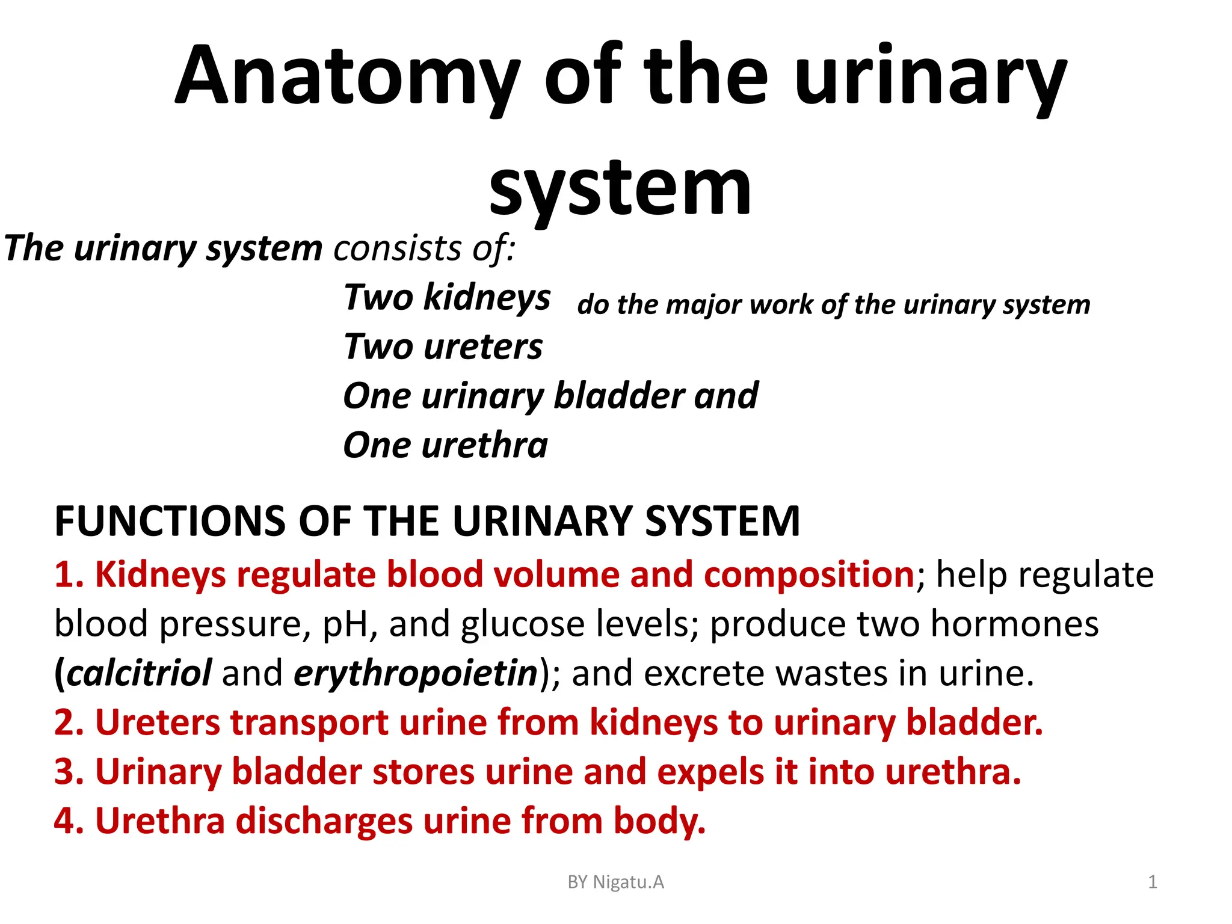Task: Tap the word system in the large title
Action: tap(620, 188)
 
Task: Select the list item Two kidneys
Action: tap(447, 297)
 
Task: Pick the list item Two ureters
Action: tap(443, 346)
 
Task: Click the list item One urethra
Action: tap(445, 445)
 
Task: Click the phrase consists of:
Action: tap(425, 248)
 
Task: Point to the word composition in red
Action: tap(809, 574)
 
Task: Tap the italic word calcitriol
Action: tap(138, 673)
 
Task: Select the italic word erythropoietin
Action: tap(415, 673)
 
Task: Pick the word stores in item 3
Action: tap(423, 772)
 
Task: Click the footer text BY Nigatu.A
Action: tap(615, 882)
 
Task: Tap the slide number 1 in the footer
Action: tap(1152, 882)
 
